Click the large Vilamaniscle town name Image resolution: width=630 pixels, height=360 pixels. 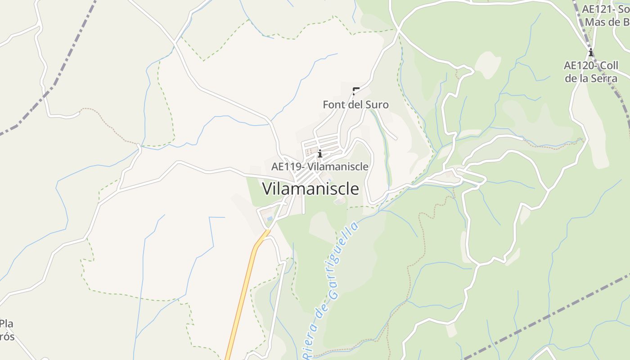click(310, 189)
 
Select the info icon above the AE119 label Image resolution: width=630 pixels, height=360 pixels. click(320, 154)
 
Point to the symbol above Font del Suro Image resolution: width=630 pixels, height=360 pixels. click(356, 91)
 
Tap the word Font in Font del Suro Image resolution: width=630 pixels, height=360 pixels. click(333, 105)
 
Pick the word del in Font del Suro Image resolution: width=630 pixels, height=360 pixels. click(355, 105)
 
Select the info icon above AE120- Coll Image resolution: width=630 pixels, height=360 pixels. click(591, 53)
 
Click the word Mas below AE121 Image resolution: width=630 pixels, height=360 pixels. click(595, 22)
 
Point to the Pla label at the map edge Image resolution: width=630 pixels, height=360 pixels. click(7, 324)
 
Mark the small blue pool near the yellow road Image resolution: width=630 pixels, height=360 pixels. click(270, 219)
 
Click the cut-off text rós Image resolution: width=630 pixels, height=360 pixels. click(7, 337)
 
